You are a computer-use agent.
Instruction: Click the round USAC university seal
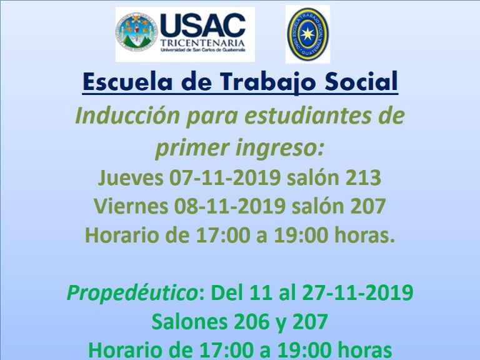(x=136, y=31)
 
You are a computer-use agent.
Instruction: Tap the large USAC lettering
(x=202, y=26)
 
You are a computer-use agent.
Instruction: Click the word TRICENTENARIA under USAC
(x=202, y=42)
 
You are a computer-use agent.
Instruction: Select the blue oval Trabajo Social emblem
(x=307, y=34)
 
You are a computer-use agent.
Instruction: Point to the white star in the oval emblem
(x=307, y=34)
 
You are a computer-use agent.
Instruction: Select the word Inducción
(x=127, y=116)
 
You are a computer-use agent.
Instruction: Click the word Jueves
(x=131, y=177)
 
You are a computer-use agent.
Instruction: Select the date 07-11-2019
(x=225, y=177)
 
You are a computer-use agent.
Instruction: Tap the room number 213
(x=363, y=177)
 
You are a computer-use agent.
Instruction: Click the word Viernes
(x=131, y=206)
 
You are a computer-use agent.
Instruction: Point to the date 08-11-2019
(x=230, y=206)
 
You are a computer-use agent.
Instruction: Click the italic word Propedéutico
(x=132, y=293)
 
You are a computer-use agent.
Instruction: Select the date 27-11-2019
(x=358, y=292)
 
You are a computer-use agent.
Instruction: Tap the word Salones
(x=190, y=322)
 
